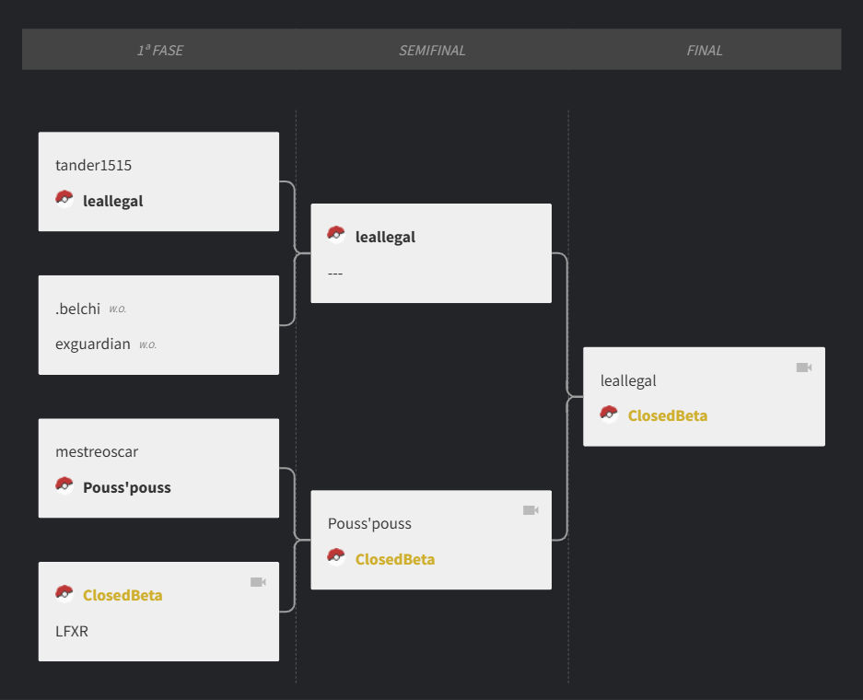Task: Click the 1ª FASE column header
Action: click(160, 50)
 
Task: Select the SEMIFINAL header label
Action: click(432, 50)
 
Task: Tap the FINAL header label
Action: click(705, 50)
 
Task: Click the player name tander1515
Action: click(94, 165)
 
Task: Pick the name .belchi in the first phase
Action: click(77, 309)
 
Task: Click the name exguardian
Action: click(93, 344)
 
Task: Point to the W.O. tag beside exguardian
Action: click(147, 345)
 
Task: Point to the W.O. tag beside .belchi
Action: click(117, 309)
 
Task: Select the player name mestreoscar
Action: click(97, 452)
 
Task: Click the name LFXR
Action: click(72, 631)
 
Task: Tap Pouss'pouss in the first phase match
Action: click(127, 487)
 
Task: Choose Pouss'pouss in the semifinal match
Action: click(370, 523)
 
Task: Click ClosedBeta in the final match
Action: click(668, 415)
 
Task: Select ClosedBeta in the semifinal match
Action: click(395, 559)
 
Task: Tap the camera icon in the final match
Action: click(804, 367)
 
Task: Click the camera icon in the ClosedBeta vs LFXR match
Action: click(258, 582)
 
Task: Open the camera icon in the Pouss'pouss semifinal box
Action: click(531, 510)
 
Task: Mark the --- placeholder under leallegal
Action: click(335, 273)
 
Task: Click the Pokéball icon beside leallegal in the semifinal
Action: click(336, 235)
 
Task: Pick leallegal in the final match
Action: click(628, 380)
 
